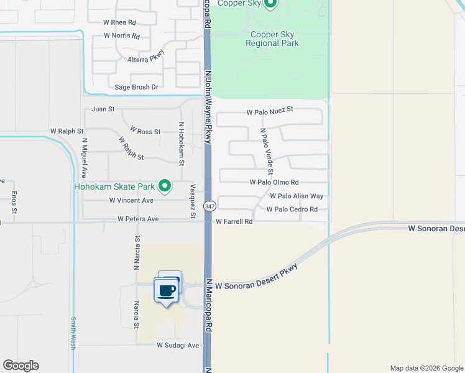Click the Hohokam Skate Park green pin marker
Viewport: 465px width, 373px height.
coord(165,185)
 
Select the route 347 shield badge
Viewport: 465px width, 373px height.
coord(210,206)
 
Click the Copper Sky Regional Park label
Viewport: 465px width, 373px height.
coord(272,39)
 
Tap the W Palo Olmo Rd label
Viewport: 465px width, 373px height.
coord(274,182)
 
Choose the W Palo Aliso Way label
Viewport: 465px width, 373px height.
coord(297,196)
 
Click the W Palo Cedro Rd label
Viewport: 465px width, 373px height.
coord(292,210)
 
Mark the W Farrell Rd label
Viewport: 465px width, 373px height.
coord(234,221)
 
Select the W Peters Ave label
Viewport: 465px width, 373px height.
coord(138,219)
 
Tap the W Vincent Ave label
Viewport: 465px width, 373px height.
coord(131,200)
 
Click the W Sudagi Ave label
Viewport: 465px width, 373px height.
coord(177,345)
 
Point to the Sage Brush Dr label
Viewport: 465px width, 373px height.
coord(132,87)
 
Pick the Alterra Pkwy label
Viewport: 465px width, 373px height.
coord(144,60)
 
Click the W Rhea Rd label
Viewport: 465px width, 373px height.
coord(119,22)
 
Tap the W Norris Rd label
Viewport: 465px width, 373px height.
coord(122,35)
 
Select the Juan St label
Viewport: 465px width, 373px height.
coord(103,109)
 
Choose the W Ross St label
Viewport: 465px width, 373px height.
coord(145,131)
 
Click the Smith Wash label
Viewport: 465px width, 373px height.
coord(73,333)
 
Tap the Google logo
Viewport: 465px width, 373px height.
coord(21,366)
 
